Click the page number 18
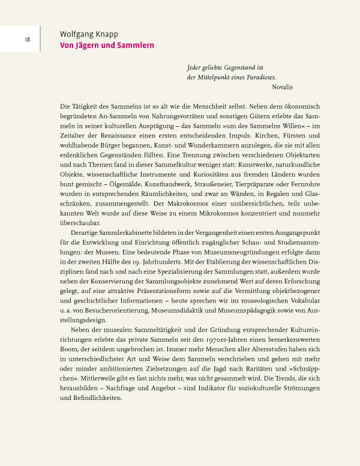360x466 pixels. pos(28,40)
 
